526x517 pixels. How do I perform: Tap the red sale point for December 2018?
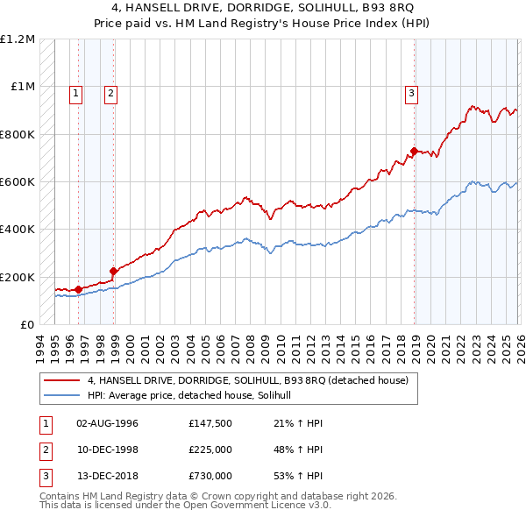pos(414,151)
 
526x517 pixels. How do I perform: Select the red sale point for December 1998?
pos(113,271)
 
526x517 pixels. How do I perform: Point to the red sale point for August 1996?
pos(78,289)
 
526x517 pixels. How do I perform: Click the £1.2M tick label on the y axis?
pos(18,39)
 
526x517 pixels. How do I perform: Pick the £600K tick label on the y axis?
pos(18,182)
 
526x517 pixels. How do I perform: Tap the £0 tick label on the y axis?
pos(27,324)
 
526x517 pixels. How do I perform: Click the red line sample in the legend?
pos(61,381)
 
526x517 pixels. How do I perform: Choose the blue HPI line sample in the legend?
pos(61,396)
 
